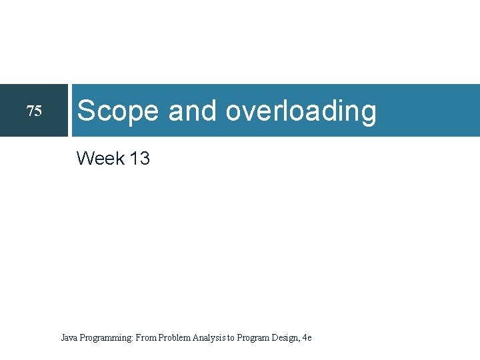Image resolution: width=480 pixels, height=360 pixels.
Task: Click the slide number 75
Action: click(x=33, y=111)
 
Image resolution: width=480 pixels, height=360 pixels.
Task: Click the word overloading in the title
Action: click(x=301, y=112)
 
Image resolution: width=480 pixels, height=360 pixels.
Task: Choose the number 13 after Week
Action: click(x=140, y=159)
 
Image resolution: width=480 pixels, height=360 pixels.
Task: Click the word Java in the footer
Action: click(x=69, y=338)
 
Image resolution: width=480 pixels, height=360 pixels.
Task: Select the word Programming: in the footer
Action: click(x=106, y=339)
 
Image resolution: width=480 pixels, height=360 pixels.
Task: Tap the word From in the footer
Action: click(x=146, y=338)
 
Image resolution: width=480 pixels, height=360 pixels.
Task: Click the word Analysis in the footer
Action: click(x=209, y=339)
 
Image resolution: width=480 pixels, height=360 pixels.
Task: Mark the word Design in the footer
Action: click(x=285, y=339)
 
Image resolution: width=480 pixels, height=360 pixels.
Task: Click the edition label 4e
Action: click(x=307, y=338)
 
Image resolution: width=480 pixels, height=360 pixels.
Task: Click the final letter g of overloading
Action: click(x=368, y=113)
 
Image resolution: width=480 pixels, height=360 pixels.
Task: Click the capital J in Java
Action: click(x=63, y=338)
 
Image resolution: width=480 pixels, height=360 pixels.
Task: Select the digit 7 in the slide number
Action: click(x=30, y=111)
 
